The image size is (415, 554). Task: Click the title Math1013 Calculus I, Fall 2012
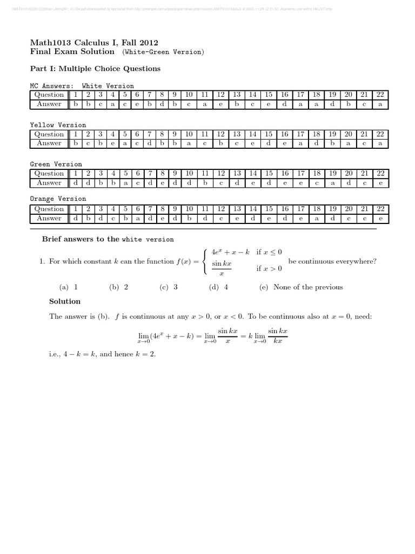[x=94, y=43]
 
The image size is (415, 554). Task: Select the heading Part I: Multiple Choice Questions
[x=95, y=69]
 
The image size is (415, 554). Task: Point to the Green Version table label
[x=56, y=164]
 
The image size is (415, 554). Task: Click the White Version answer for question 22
[x=380, y=104]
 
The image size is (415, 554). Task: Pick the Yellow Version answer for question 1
[x=76, y=143]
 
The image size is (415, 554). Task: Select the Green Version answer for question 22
[x=380, y=183]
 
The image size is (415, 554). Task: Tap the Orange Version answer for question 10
[x=189, y=219]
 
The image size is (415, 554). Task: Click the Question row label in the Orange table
[x=49, y=209]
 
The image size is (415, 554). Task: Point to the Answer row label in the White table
[x=49, y=104]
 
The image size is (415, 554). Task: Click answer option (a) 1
[x=69, y=287]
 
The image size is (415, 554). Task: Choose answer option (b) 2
[x=118, y=287]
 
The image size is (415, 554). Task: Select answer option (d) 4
[x=218, y=287]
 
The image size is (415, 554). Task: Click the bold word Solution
[x=65, y=301]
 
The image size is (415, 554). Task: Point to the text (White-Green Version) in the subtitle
[x=163, y=52]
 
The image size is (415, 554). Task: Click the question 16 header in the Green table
[x=284, y=174]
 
